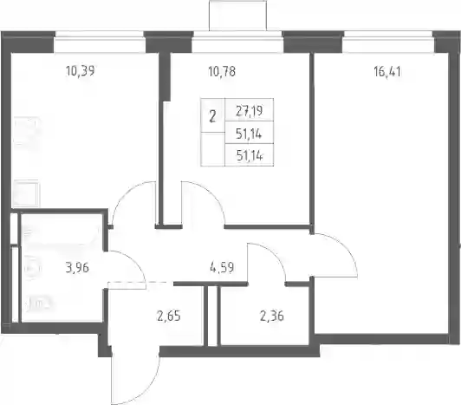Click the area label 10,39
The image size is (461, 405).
pos(81,71)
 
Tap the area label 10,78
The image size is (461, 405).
pos(222,71)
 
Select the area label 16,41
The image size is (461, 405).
pos(387,71)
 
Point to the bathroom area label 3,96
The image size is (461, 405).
pos(77,268)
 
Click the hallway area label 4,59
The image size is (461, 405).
pos(222,268)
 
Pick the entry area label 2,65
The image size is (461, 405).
pos(168,317)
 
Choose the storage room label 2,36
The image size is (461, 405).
pos(272,317)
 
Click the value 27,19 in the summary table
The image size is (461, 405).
pos(250,111)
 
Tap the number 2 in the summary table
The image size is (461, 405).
pos(212,116)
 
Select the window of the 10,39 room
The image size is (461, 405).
pos(100,37)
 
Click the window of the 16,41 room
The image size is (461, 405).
pos(389,37)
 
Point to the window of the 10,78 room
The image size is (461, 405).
pos(238,37)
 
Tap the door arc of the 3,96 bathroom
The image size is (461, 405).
pos(137,262)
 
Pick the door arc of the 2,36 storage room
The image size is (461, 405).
pos(275,255)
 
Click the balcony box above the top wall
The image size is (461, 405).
pos(237,16)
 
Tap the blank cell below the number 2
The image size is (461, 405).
pos(212,149)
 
